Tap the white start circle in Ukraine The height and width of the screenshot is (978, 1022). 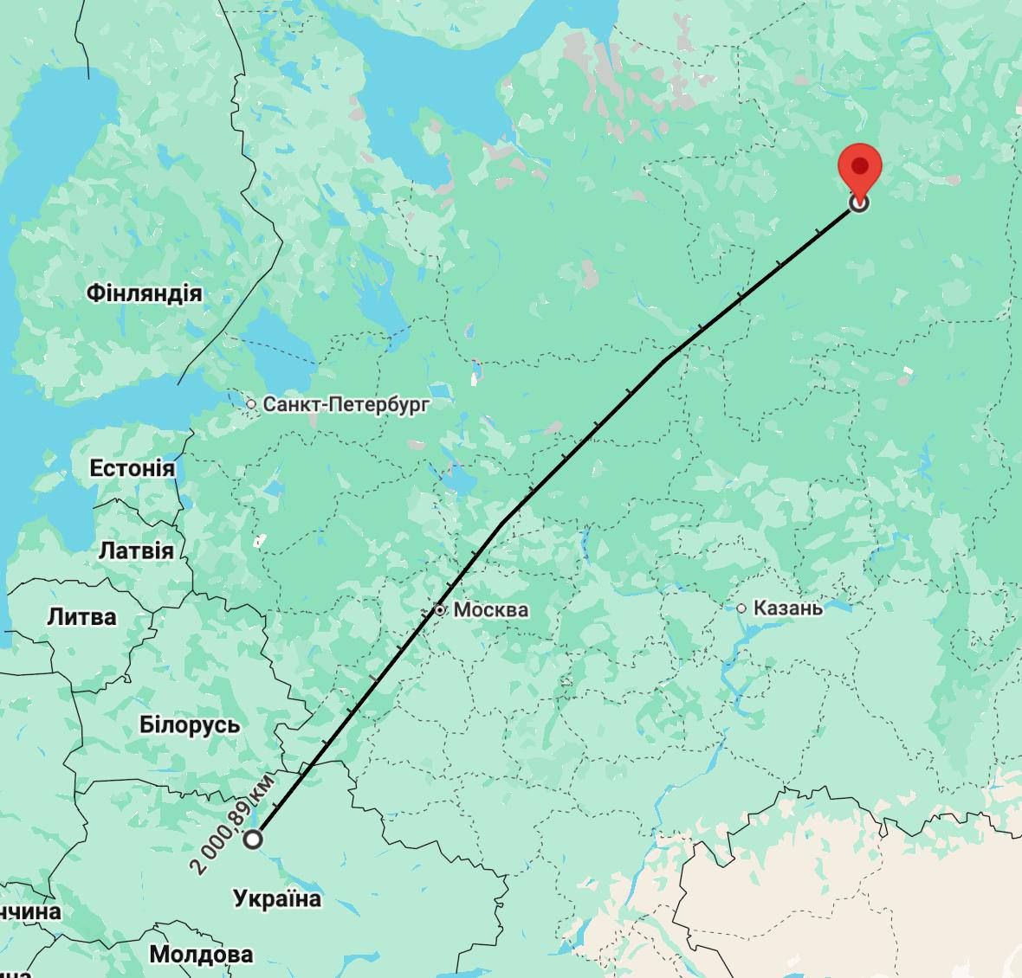click(253, 839)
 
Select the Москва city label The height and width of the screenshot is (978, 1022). click(490, 609)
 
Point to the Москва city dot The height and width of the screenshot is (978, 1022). click(440, 610)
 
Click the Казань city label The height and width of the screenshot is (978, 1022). click(787, 608)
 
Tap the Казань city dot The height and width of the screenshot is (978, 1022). click(741, 608)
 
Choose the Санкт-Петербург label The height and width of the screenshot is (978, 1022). click(346, 403)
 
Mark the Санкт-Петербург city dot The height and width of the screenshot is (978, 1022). click(251, 403)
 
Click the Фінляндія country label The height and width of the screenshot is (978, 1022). click(144, 293)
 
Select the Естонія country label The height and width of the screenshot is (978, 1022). click(132, 468)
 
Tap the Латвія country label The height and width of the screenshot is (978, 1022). click(136, 550)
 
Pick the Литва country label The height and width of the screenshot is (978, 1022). click(81, 617)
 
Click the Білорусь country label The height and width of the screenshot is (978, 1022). click(190, 724)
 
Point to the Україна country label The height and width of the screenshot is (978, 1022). click(277, 899)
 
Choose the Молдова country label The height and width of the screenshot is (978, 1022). click(201, 954)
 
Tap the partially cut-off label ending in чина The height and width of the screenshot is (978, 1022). click(29, 912)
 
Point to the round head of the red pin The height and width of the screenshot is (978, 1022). click(860, 164)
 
